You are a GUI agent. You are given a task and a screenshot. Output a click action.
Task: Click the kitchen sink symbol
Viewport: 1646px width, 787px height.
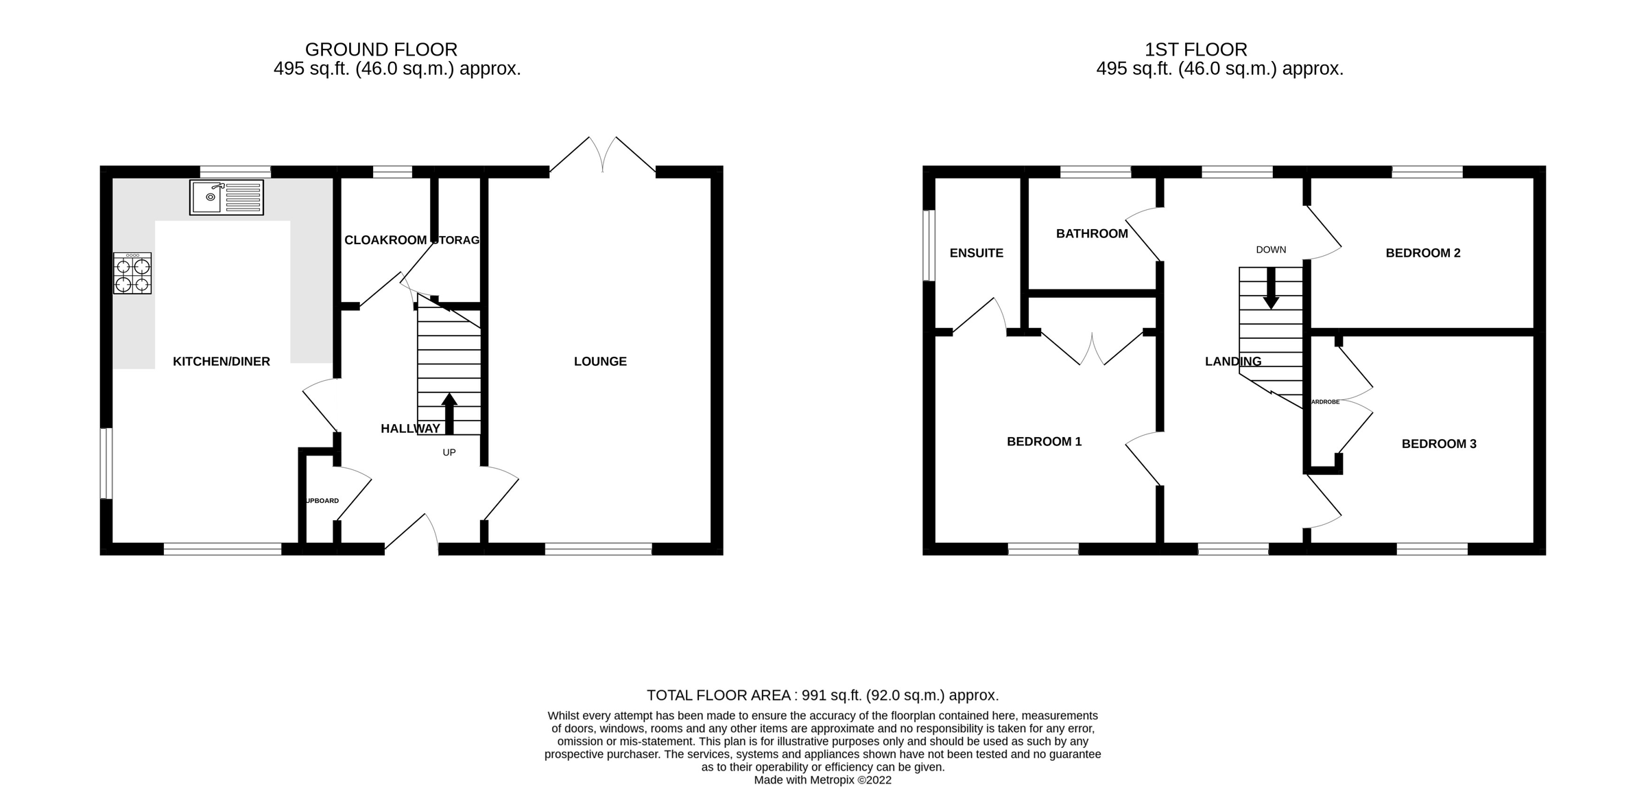click(226, 198)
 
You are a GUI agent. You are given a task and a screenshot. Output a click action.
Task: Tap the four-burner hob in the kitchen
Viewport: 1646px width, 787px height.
click(132, 274)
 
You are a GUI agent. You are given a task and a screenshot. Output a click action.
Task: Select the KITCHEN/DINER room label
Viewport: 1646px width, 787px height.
click(221, 362)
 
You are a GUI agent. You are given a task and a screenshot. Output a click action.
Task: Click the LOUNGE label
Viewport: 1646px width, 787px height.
click(600, 362)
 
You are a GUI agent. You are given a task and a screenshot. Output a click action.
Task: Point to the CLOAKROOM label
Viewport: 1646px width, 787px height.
click(385, 240)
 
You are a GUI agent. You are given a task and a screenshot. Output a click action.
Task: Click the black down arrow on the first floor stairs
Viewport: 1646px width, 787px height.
click(1271, 288)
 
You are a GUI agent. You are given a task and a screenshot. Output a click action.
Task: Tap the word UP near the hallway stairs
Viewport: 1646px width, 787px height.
click(449, 453)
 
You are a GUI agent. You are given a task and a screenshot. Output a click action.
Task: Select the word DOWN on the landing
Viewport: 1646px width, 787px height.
click(1271, 250)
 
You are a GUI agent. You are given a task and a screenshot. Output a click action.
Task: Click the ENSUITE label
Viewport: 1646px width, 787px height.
click(976, 253)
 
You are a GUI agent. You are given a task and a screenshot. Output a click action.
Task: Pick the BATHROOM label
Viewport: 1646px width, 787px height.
click(1092, 234)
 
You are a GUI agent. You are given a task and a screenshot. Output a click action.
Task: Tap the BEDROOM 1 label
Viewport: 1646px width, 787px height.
click(1044, 442)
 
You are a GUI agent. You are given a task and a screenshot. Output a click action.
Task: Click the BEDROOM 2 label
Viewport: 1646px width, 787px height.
click(1423, 253)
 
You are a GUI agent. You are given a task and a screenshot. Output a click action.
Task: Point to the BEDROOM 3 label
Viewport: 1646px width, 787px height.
click(1439, 444)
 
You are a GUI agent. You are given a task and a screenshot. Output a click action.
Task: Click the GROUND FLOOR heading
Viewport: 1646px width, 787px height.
click(381, 50)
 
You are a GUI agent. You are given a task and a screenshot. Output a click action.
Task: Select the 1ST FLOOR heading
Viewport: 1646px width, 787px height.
click(1195, 50)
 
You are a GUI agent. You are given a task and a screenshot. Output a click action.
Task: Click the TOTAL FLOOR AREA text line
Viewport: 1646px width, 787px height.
click(822, 695)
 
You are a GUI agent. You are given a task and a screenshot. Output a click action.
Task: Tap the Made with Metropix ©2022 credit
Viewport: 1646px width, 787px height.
click(822, 780)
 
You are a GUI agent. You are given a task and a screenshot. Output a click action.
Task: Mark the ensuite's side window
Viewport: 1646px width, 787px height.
click(929, 246)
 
